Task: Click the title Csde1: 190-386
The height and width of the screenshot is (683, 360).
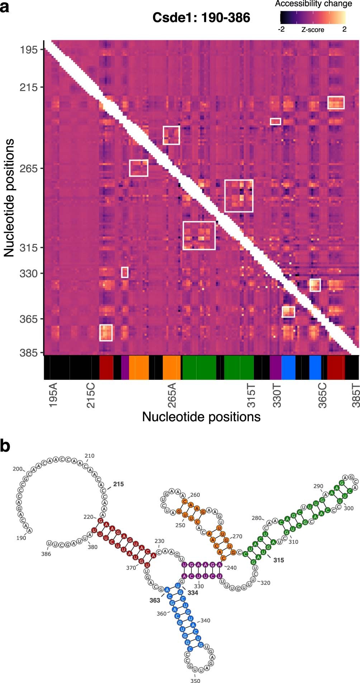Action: pos(201,18)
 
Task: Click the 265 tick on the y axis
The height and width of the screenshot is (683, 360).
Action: pos(29,168)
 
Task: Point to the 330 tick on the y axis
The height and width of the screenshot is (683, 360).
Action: pos(29,273)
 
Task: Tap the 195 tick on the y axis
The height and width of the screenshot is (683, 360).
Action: pos(29,50)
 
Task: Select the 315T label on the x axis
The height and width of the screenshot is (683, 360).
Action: pos(252,395)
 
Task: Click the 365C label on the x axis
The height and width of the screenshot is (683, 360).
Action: pos(322,395)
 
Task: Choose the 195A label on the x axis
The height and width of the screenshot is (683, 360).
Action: pos(53,395)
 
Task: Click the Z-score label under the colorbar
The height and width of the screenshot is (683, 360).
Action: pos(312,30)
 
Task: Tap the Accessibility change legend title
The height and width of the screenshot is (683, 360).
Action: pos(313,4)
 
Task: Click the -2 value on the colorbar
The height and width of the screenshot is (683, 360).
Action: pos(281,29)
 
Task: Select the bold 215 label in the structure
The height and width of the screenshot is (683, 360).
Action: pos(118,484)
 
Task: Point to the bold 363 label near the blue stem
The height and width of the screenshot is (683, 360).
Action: pos(155,600)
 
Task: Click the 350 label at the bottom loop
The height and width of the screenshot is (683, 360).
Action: pos(195,680)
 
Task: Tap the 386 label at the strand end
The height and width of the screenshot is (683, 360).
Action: pos(46,554)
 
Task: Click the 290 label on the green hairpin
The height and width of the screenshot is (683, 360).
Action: pos(318,486)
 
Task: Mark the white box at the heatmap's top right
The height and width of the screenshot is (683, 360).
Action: pos(336,102)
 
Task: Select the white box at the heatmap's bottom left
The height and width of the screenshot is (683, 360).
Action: pos(106,333)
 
